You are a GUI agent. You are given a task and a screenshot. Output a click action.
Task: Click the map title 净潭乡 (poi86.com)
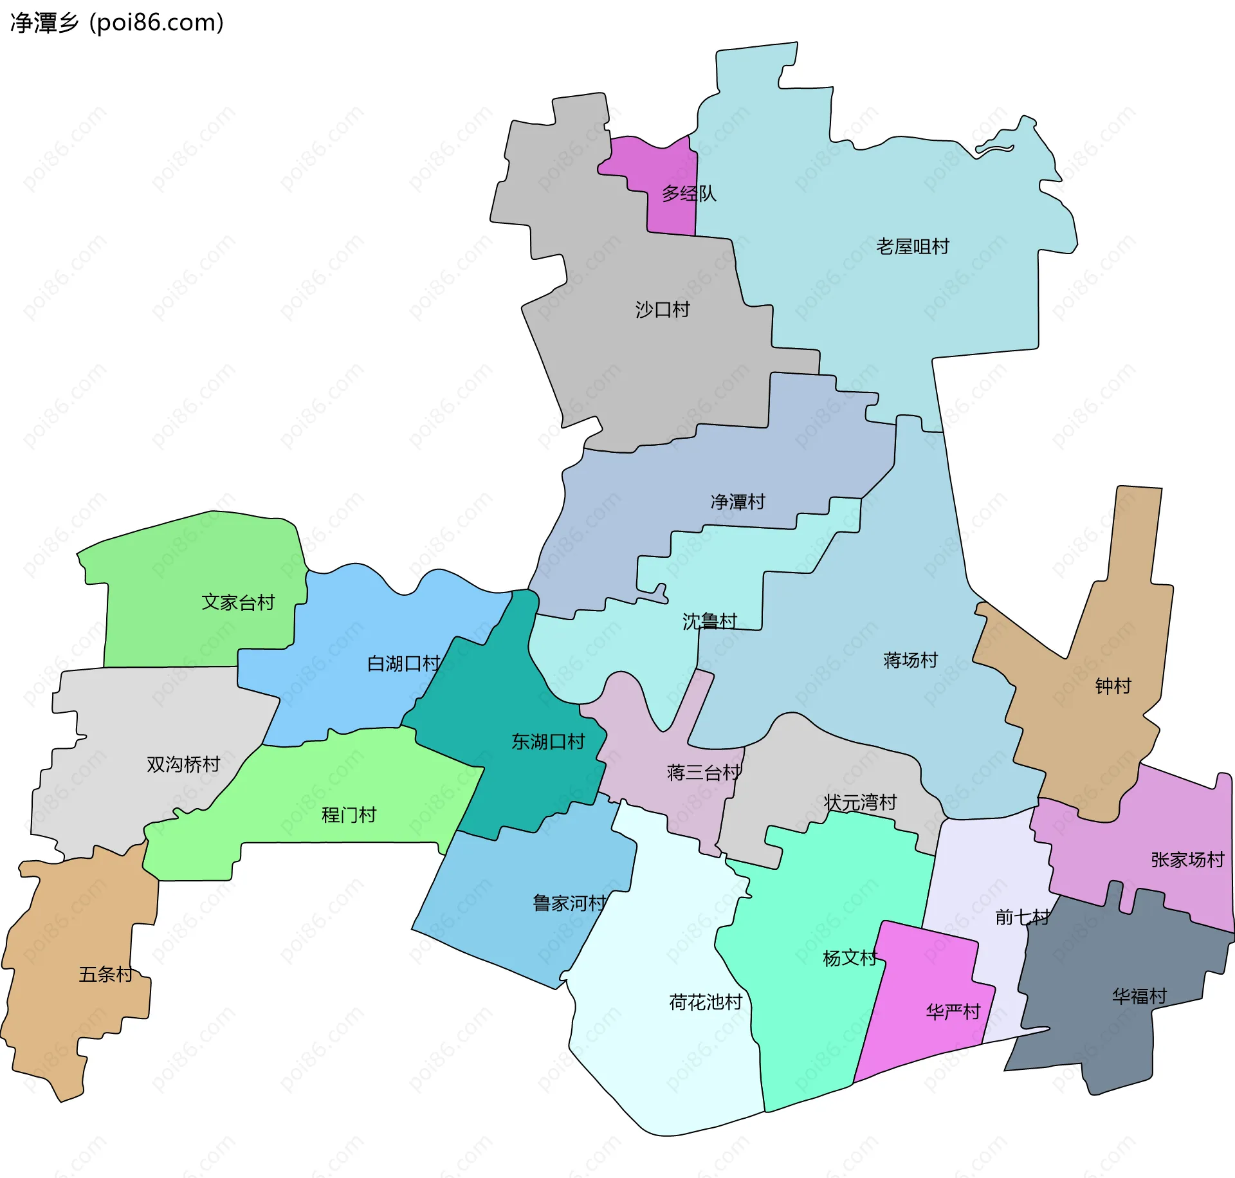click(x=117, y=23)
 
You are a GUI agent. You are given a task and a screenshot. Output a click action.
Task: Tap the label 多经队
click(x=689, y=193)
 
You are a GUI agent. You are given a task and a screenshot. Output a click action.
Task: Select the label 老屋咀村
click(x=912, y=246)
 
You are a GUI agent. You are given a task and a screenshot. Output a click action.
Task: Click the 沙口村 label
click(x=663, y=309)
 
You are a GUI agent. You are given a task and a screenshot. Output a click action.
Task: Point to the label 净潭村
click(x=738, y=501)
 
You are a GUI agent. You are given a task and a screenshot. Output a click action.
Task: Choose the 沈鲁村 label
click(x=709, y=621)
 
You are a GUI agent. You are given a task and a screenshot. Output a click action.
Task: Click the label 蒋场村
click(x=910, y=659)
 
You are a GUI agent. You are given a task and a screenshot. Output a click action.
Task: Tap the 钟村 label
click(x=1113, y=686)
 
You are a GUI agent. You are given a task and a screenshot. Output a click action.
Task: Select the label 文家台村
click(x=238, y=602)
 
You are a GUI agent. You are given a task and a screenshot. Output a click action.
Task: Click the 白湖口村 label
click(x=403, y=663)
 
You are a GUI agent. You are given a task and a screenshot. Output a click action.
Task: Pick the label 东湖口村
click(x=548, y=742)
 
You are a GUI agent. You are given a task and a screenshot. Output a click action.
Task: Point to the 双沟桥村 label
click(x=183, y=764)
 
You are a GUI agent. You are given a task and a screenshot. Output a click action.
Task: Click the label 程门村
click(x=349, y=815)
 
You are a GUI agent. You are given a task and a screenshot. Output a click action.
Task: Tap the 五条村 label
click(x=105, y=974)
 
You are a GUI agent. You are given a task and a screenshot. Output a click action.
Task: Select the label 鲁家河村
click(x=569, y=903)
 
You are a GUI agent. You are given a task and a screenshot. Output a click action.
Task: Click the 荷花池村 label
click(x=706, y=1002)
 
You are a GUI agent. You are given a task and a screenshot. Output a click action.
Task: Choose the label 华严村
click(x=953, y=1012)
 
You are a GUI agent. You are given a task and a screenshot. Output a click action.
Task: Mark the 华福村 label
click(x=1139, y=996)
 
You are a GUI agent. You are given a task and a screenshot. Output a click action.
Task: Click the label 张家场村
click(x=1187, y=860)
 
